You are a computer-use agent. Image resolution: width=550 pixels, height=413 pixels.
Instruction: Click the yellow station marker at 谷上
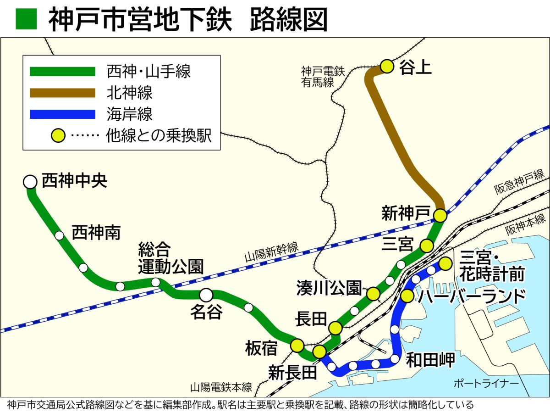tap(387, 67)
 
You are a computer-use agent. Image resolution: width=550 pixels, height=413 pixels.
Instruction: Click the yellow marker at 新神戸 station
tap(440, 215)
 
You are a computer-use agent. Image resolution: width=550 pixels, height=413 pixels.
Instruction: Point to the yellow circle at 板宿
tap(297, 345)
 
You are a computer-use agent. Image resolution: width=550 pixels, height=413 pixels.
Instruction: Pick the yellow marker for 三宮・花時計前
tap(445, 264)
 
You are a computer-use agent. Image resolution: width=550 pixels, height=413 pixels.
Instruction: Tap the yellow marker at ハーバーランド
tap(407, 296)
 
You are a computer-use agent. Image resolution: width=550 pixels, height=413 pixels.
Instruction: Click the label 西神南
tap(96, 233)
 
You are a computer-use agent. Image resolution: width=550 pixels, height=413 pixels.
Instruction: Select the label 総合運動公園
tap(170, 258)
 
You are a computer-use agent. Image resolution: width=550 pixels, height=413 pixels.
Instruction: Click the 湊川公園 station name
tap(329, 288)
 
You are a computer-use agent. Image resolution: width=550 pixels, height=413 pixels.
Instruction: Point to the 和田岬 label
tap(431, 360)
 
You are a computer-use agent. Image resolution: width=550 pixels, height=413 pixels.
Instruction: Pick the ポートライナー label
tap(486, 383)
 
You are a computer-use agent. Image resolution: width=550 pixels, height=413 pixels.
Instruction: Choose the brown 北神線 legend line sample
tap(62, 93)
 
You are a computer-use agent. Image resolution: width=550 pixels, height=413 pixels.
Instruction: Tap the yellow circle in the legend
tap(58, 136)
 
